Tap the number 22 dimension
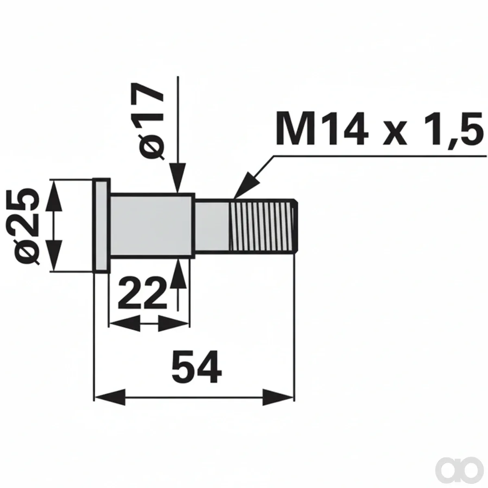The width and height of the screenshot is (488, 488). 142,292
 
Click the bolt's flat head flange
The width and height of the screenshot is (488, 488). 102,225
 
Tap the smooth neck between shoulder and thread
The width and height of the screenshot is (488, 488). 212,226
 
